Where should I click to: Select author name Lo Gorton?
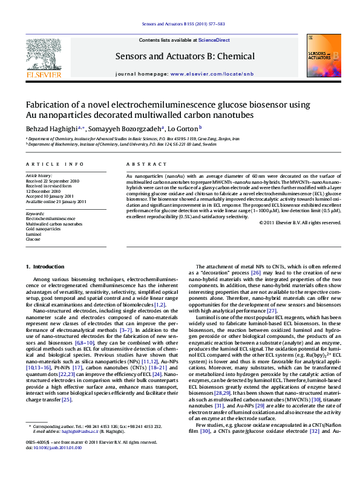[x=184, y=129]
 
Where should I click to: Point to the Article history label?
[x=39, y=175]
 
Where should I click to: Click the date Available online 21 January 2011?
[x=56, y=201]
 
